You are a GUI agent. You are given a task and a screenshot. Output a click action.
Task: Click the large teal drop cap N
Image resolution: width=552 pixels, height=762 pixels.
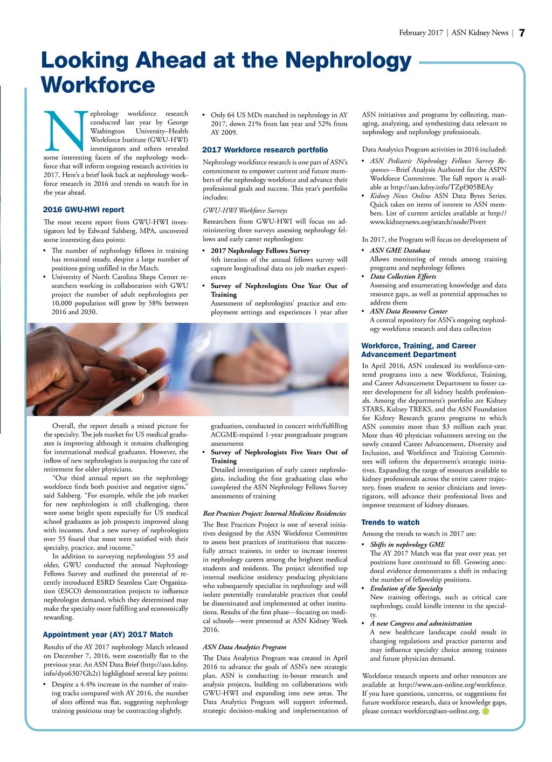point(66,130)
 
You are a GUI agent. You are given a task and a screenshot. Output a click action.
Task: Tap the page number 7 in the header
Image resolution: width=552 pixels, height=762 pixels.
point(521,33)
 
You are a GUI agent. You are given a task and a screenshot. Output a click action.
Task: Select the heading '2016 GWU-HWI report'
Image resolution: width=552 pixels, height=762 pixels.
point(84,210)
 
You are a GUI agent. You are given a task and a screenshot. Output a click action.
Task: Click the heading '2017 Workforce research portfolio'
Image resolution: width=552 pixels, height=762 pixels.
point(265,150)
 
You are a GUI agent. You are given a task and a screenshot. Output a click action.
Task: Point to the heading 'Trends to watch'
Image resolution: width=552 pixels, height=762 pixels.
point(390,522)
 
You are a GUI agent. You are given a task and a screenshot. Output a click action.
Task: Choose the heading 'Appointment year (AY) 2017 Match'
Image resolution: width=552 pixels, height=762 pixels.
point(108,634)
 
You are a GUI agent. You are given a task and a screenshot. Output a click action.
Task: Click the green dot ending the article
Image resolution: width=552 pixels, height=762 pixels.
point(485,711)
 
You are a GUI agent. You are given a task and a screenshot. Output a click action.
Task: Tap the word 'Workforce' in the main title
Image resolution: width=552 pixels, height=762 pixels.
point(98,85)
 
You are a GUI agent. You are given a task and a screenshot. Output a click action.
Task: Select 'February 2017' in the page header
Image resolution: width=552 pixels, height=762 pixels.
point(420,33)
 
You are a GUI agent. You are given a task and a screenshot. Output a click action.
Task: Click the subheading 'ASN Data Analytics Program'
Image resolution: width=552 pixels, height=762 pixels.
point(244,647)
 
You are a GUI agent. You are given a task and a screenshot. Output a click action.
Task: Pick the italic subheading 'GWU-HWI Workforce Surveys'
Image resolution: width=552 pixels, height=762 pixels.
point(245,210)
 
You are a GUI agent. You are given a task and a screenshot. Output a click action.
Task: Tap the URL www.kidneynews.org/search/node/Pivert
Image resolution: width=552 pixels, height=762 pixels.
point(427,221)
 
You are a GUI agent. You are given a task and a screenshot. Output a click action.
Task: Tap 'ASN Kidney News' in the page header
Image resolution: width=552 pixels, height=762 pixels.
point(480,33)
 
